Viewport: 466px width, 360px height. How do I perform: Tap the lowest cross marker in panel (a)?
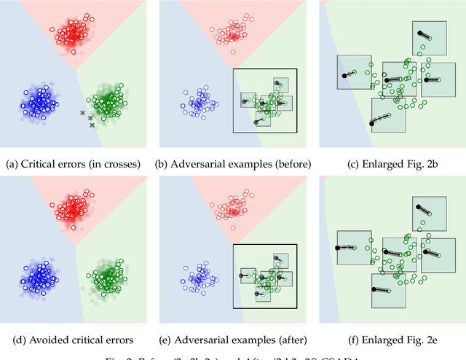[x=92, y=125]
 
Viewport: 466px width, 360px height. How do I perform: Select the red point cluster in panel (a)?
[x=72, y=33]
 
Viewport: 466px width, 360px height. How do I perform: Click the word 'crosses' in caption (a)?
[x=108, y=164]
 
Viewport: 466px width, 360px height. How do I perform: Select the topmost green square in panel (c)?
[x=430, y=38]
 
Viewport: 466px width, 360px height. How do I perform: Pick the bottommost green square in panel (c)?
[x=388, y=114]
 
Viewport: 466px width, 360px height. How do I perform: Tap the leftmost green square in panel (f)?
[x=354, y=248]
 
